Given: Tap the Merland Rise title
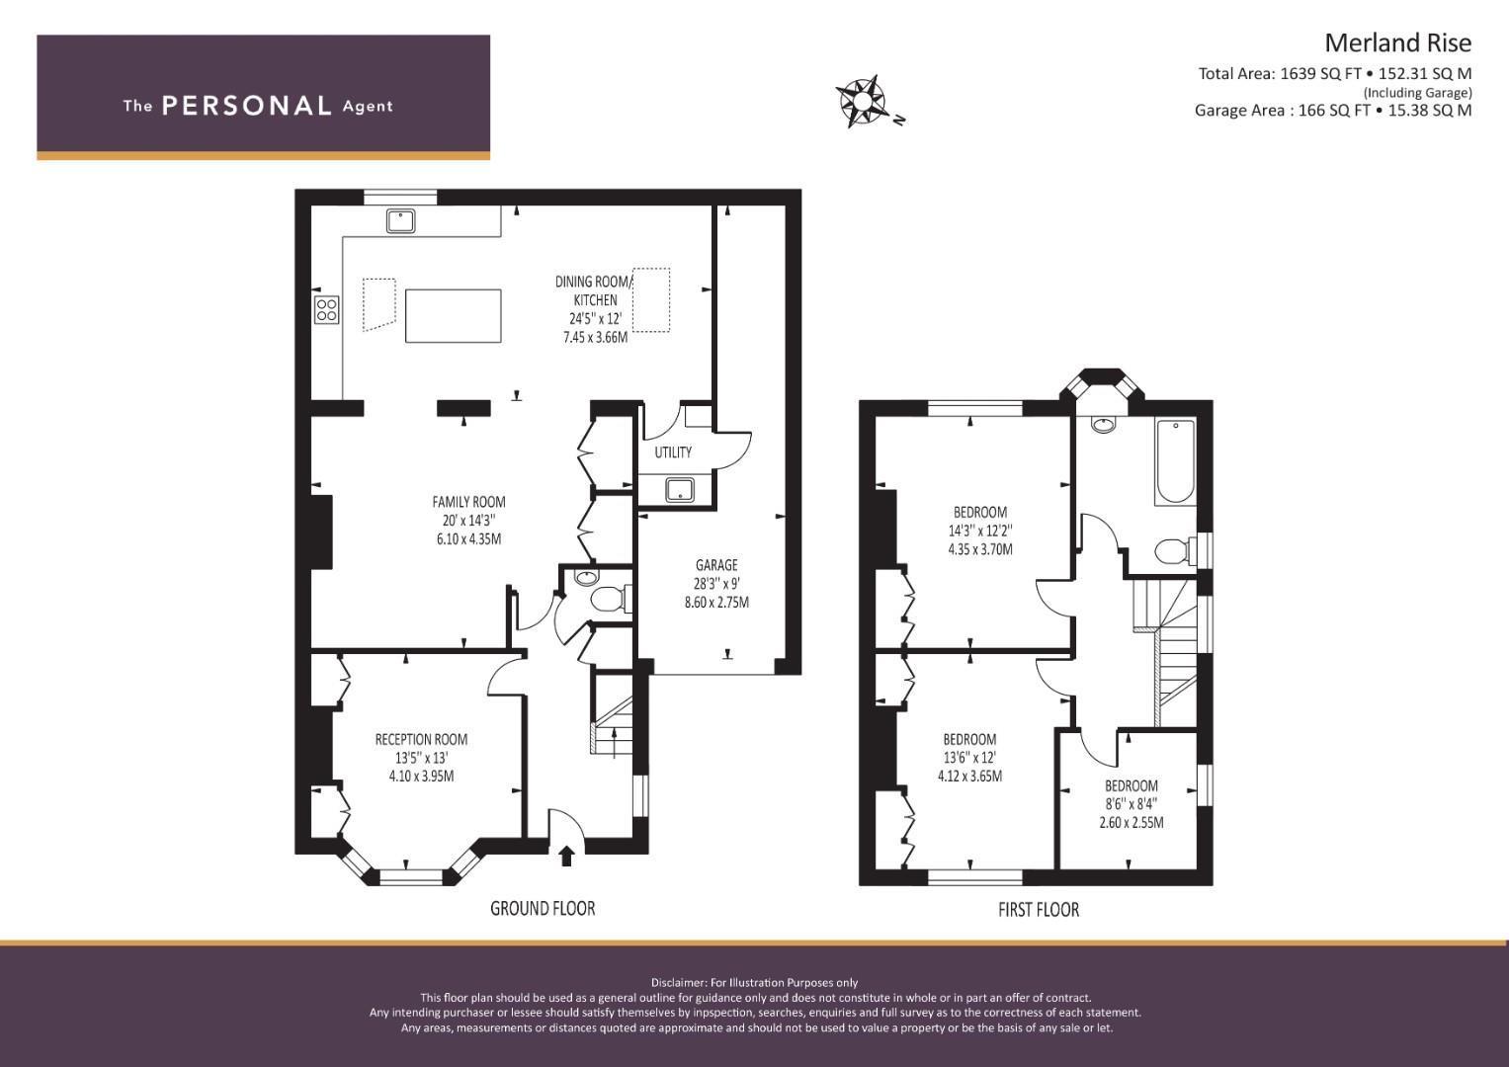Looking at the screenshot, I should [1396, 42].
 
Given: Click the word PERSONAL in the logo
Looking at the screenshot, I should [246, 106].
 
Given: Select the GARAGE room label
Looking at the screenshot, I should [716, 565].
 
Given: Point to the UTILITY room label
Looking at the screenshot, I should [673, 452].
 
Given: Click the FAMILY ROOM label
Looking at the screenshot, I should [468, 502].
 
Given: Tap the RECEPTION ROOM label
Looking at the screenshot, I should [421, 739].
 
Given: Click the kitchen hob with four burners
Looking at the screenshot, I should [326, 309].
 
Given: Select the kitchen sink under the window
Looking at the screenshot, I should [400, 220].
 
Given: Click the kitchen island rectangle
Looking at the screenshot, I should [454, 315].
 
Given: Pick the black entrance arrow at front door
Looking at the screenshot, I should [566, 856].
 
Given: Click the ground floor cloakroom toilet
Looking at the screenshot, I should [606, 598].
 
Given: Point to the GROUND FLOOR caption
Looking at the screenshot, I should [543, 908].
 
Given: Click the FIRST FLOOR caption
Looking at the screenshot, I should [1038, 910].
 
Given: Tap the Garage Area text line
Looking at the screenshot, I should [1332, 111].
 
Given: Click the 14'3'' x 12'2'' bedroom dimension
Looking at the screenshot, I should [979, 531].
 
